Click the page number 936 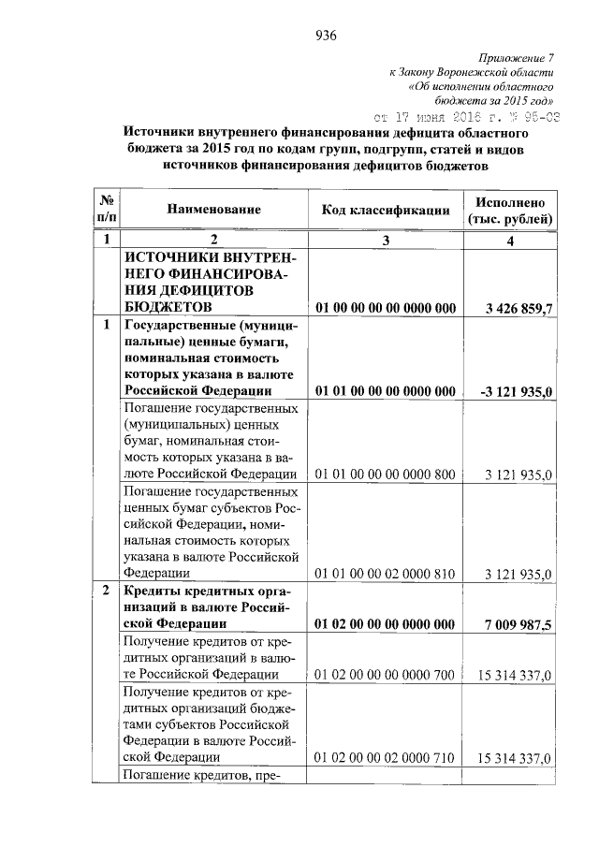pos(326,37)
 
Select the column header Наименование pos(213,211)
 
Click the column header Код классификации pos(385,211)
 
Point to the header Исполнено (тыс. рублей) pos(510,211)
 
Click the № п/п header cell pos(107,211)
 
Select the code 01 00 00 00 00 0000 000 pos(385,308)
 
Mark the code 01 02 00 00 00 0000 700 pos(385,675)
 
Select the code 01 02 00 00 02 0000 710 pos(385,757)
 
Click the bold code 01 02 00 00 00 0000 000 pos(385,624)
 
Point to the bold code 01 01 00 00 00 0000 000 pos(385,390)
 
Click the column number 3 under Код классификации pos(385,241)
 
